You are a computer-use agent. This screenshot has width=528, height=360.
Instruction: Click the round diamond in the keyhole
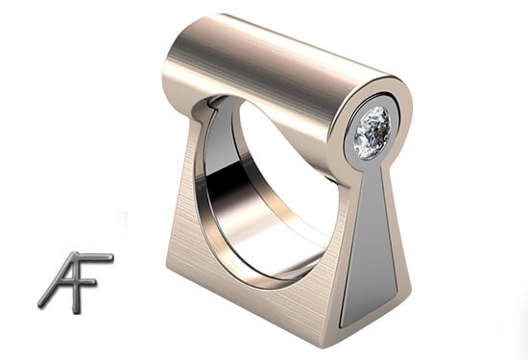click(x=372, y=132)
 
